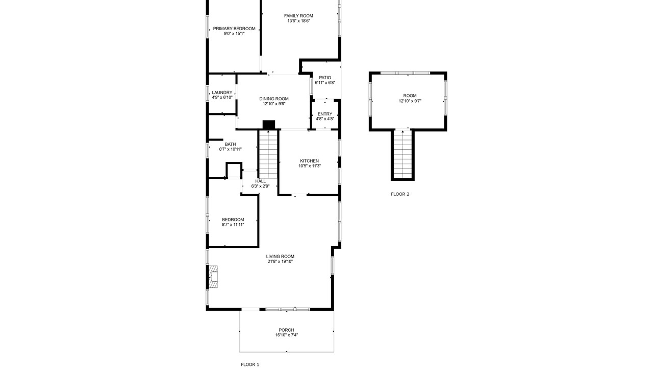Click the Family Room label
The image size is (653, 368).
tap(298, 16)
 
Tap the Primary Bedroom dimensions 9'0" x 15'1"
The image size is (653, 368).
tap(234, 34)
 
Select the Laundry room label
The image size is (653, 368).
tap(222, 93)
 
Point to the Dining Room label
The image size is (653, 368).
tap(274, 99)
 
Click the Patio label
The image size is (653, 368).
tap(325, 78)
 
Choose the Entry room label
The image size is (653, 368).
tap(325, 114)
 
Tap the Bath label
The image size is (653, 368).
tap(230, 144)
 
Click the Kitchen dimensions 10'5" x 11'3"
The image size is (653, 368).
tap(310, 166)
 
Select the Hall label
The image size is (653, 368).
tap(260, 181)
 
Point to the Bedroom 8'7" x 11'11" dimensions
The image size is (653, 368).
tap(233, 224)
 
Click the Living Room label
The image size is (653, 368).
tap(280, 257)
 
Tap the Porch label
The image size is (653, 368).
tap(287, 330)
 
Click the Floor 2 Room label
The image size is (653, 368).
tap(410, 96)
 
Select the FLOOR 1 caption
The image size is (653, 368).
tap(250, 364)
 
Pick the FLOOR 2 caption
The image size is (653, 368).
tap(400, 194)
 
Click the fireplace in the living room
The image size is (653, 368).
tap(214, 277)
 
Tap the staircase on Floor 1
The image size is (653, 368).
tap(268, 154)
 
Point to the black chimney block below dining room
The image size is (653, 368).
tap(269, 125)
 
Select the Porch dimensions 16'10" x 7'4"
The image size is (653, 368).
tap(287, 335)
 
